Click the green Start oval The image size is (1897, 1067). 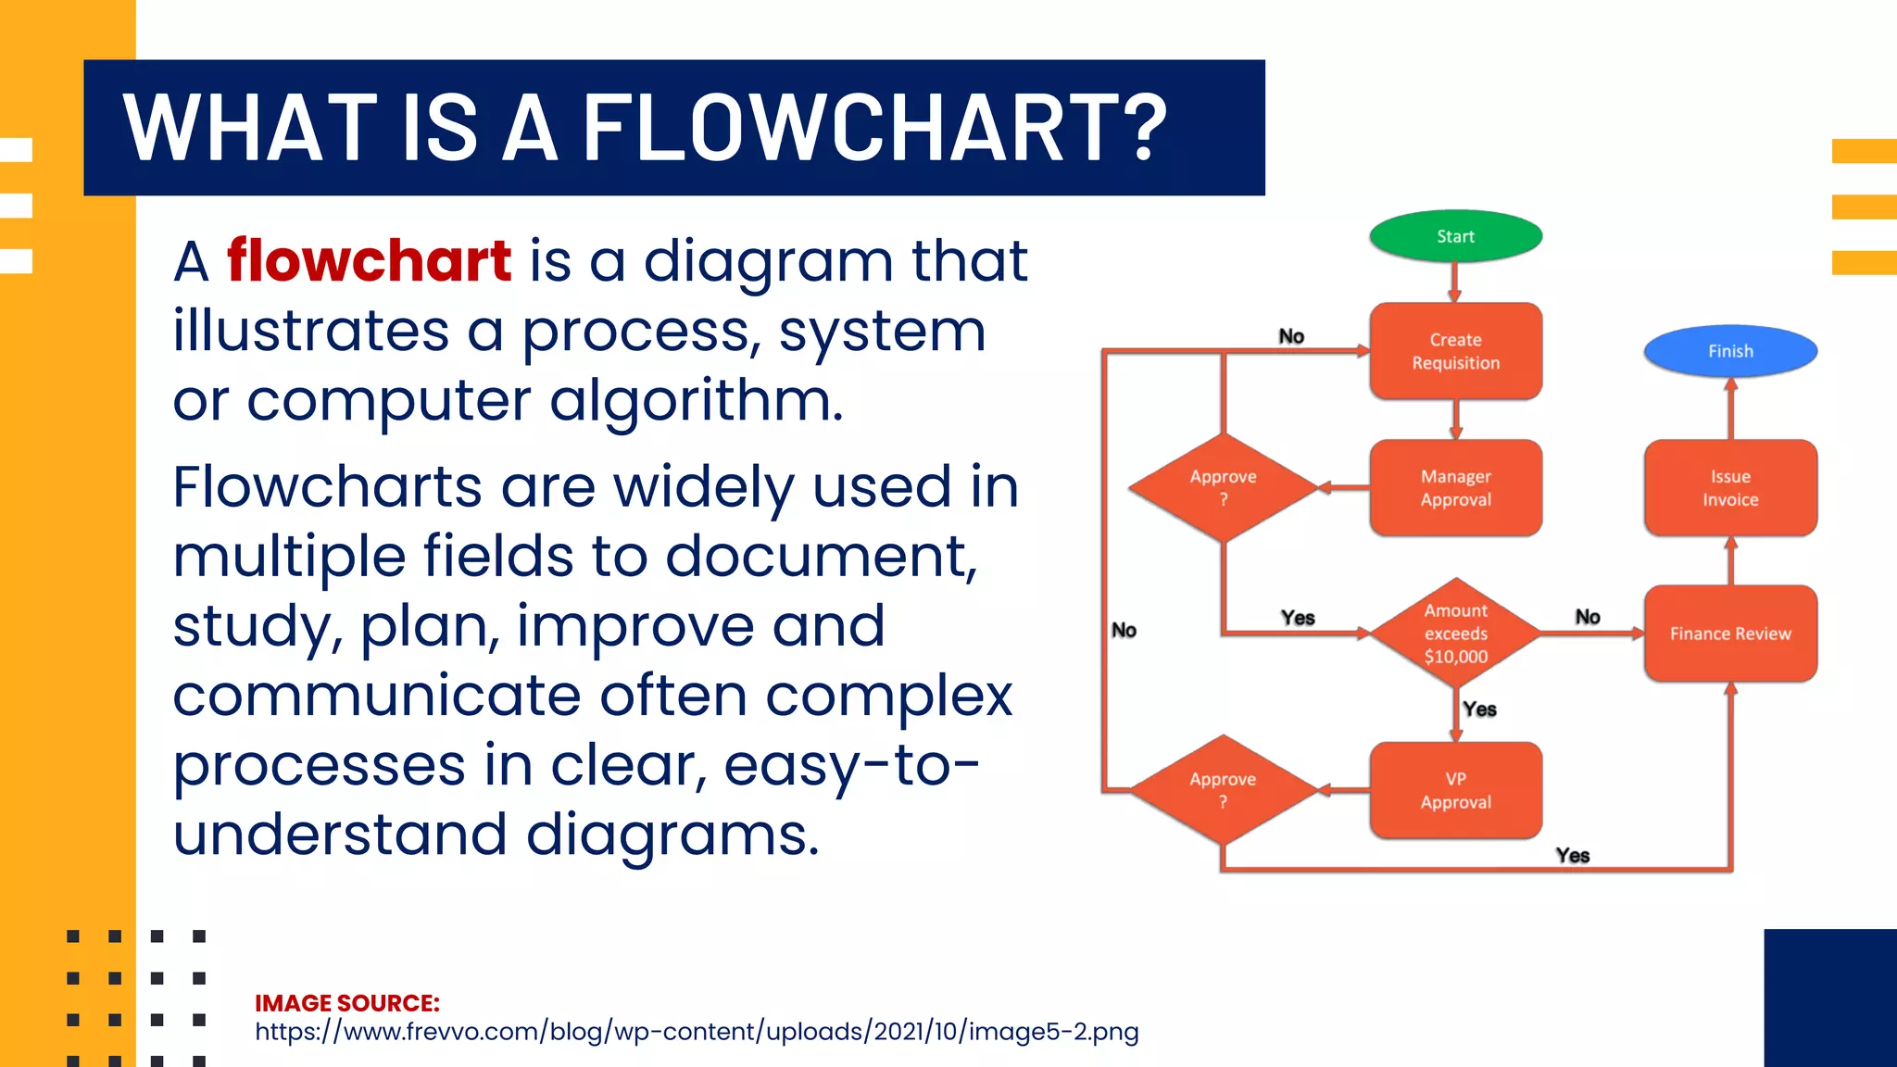tap(1455, 236)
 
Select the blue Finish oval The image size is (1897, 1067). tap(1730, 351)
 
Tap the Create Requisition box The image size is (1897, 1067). tap(1455, 351)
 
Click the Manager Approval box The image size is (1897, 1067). tap(1455, 488)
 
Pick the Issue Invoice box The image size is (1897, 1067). tap(1730, 488)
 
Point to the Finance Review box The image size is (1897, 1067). tap(1730, 634)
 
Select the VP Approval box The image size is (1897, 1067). tap(1455, 790)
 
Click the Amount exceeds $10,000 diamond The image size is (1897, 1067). tap(1455, 634)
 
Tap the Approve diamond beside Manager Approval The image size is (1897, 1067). tap(1223, 487)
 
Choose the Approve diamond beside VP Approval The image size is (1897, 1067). tap(1223, 790)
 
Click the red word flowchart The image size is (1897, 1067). tap(369, 260)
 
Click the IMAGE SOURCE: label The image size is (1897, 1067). tap(347, 1003)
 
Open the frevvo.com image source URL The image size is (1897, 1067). tap(697, 1032)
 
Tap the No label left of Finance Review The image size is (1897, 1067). tap(1588, 617)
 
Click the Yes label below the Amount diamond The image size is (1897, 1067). tap(1479, 709)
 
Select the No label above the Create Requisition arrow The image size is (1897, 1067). tap(1291, 336)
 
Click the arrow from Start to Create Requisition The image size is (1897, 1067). tap(1455, 282)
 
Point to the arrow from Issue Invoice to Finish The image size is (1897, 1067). tap(1730, 408)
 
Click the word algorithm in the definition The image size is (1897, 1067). tap(696, 401)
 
